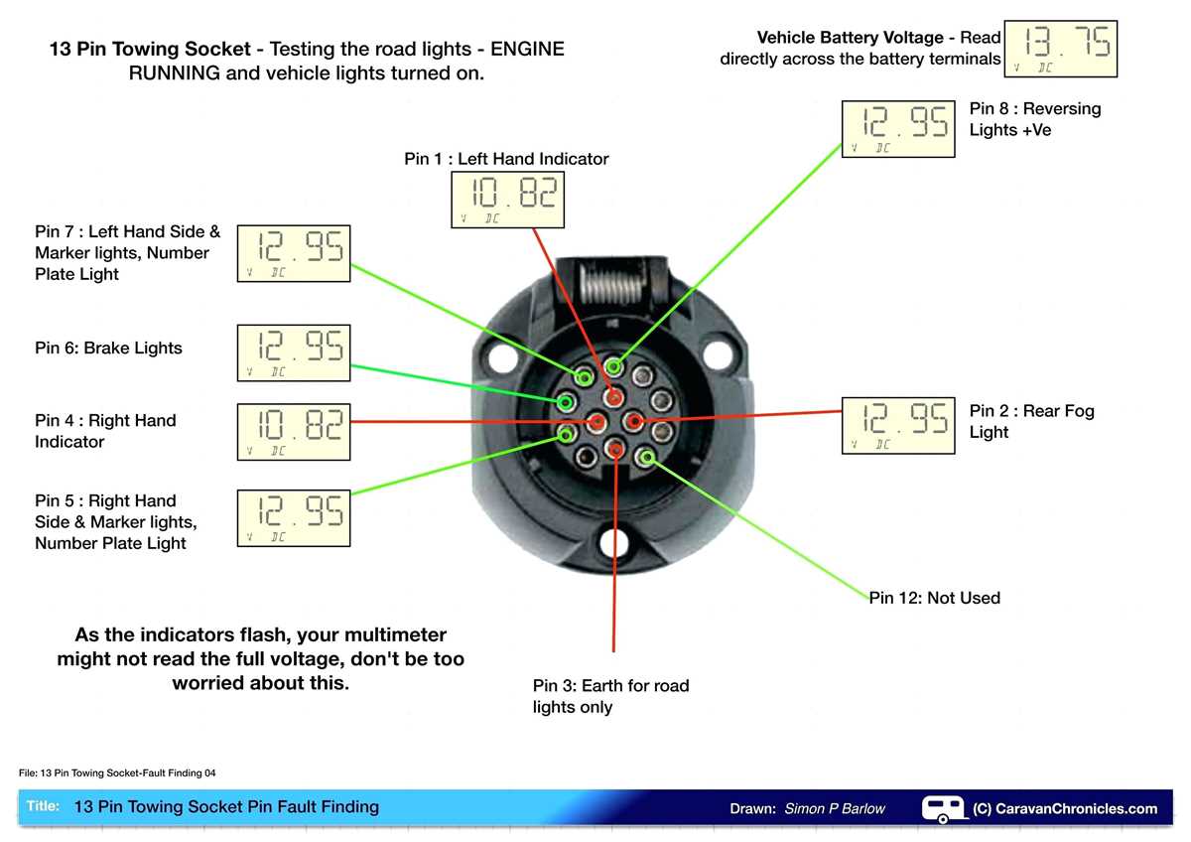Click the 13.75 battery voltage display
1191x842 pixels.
(1061, 48)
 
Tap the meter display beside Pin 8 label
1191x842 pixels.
(898, 128)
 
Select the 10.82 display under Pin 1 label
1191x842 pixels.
(507, 200)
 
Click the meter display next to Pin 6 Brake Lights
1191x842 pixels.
(294, 352)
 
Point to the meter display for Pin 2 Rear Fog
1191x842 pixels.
(898, 425)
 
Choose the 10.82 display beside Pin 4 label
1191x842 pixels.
(294, 432)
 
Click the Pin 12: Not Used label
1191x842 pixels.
(934, 598)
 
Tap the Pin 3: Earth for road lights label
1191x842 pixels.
(610, 696)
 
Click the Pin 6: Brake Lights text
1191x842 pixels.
(108, 349)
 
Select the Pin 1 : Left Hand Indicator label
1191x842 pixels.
(506, 159)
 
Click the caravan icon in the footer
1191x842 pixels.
(943, 807)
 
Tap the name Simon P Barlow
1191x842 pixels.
(834, 808)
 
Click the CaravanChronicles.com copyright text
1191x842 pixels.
(1065, 808)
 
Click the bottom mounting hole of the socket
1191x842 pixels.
(615, 543)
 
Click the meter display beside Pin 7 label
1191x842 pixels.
(294, 253)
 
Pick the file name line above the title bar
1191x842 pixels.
(117, 772)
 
